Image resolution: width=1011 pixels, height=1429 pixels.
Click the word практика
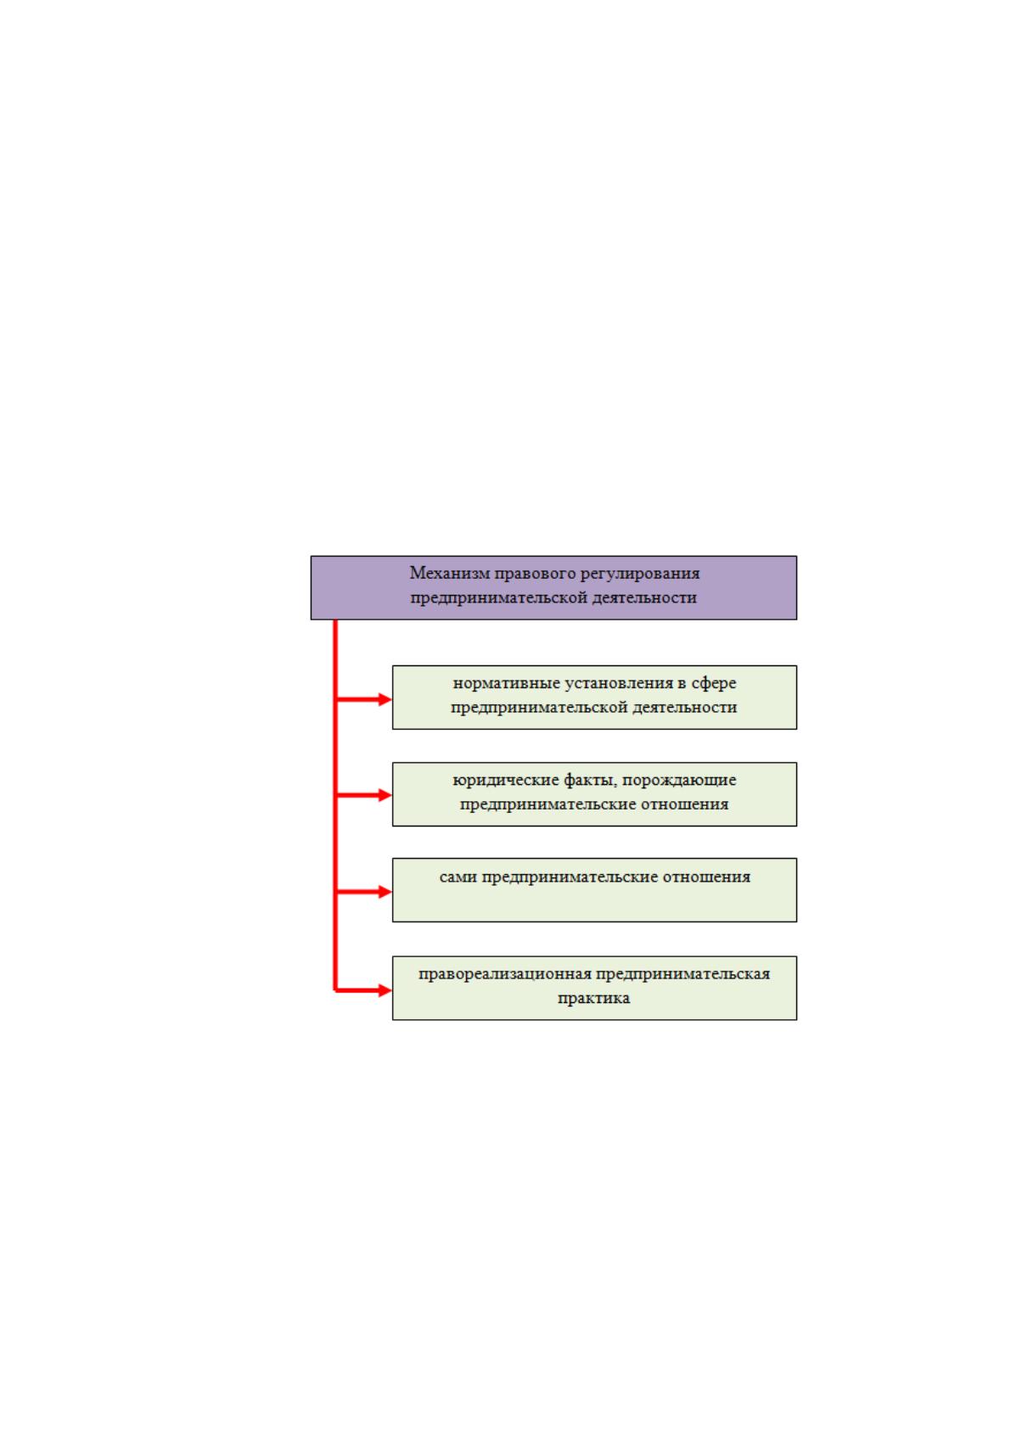(593, 999)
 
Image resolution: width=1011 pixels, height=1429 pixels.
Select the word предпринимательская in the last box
(683, 974)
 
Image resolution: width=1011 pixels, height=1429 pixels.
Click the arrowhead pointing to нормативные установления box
(385, 700)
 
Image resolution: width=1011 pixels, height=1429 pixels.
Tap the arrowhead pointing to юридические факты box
(385, 795)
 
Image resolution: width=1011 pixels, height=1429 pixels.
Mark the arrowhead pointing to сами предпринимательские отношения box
(385, 892)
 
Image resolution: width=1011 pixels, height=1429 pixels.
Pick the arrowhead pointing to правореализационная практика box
(385, 991)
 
